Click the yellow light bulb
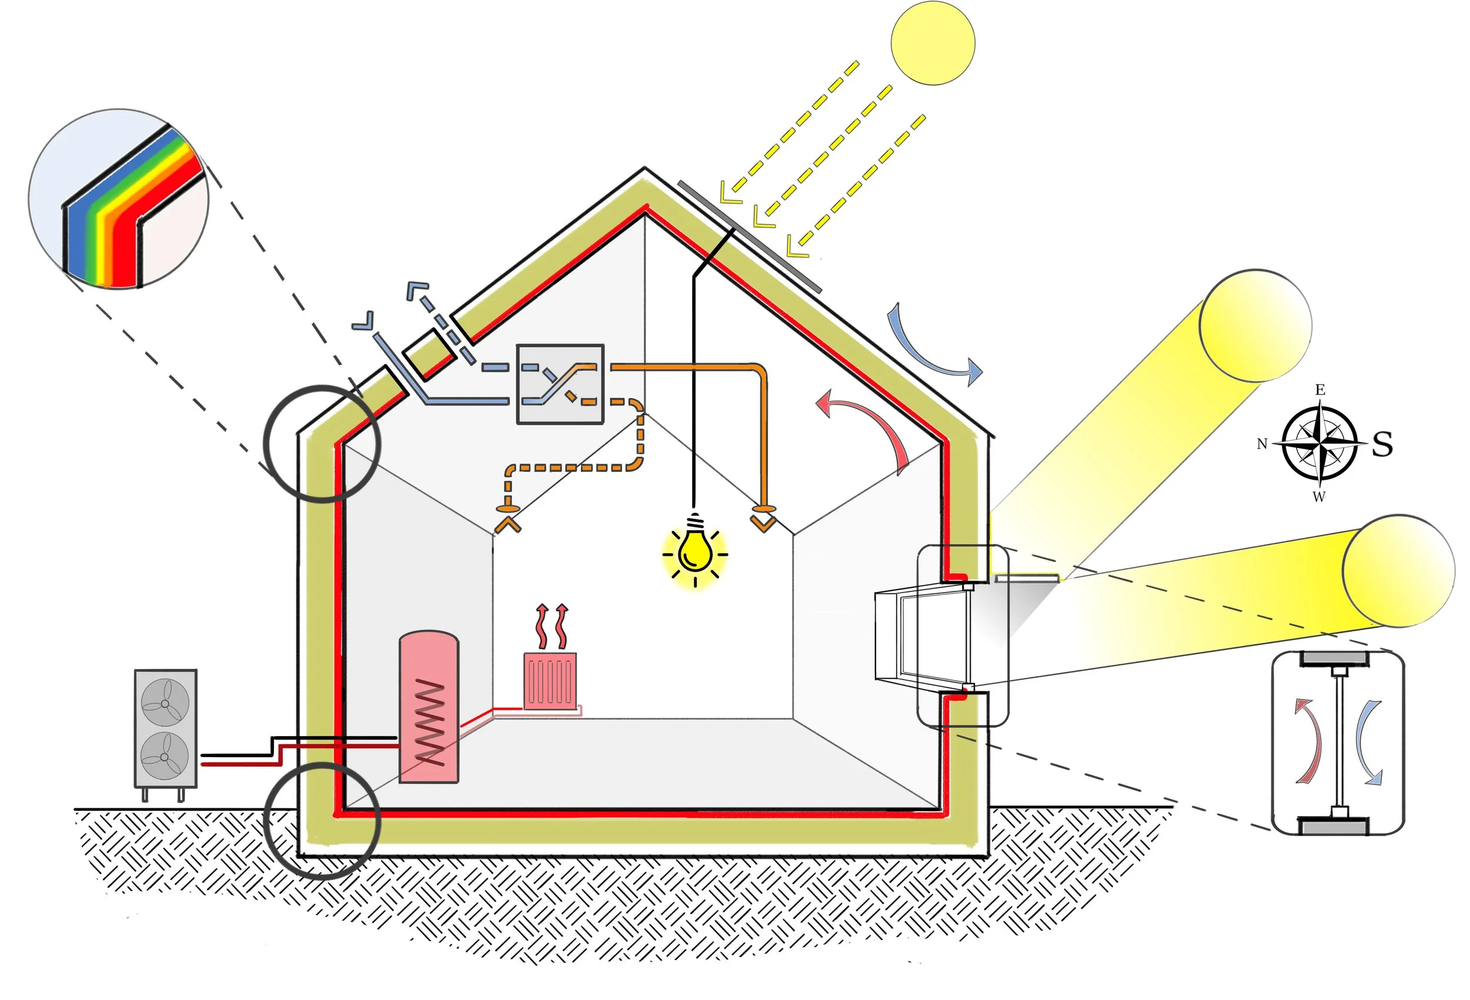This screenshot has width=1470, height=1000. [x=694, y=551]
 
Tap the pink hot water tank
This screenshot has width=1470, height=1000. [x=428, y=707]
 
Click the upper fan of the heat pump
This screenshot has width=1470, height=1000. [x=165, y=703]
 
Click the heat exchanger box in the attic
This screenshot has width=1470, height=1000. [x=560, y=384]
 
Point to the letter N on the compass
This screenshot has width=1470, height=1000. [x=1262, y=444]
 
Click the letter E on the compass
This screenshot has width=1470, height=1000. [x=1320, y=390]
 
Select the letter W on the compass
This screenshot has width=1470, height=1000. [x=1319, y=497]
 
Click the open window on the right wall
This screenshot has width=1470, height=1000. [x=924, y=636]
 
